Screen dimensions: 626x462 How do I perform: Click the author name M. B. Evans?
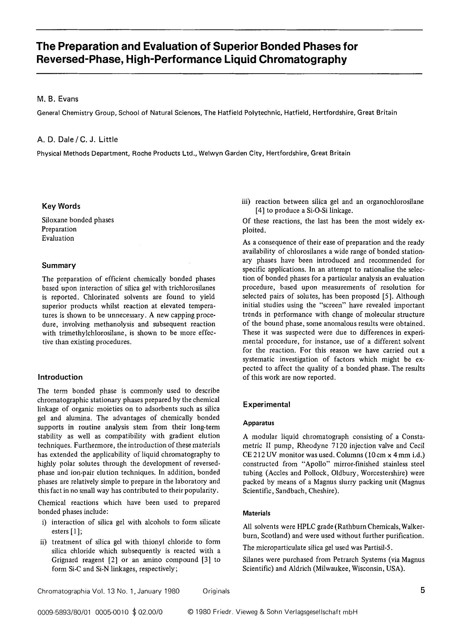coord(58,99)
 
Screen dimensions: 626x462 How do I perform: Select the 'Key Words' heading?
coord(61,206)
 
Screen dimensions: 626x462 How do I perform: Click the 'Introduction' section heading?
coord(60,377)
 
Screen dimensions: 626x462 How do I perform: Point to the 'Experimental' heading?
coord(266,404)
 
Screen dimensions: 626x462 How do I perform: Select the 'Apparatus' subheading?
coord(258,423)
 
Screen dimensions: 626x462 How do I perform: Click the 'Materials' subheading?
coord(257,514)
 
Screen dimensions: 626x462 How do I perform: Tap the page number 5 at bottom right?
coord(423,590)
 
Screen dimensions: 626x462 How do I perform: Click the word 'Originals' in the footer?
coord(216,592)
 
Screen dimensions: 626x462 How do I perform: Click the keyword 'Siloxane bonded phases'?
coord(78,220)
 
